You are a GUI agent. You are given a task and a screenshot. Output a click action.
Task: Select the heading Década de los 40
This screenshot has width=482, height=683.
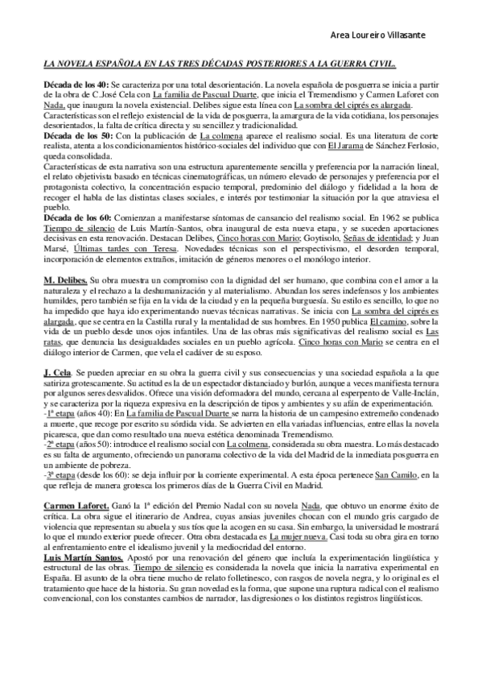76,85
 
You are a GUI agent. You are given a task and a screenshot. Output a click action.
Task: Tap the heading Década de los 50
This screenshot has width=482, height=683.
76,138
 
